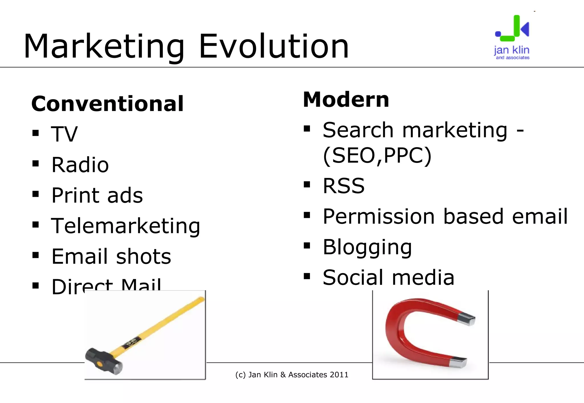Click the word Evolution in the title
click(x=274, y=46)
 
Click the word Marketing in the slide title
click(x=104, y=46)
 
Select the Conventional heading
click(x=108, y=104)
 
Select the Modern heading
click(x=346, y=100)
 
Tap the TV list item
click(x=64, y=134)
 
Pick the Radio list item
click(x=80, y=165)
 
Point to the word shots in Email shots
click(x=143, y=256)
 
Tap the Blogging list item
click(x=367, y=247)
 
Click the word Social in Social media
click(x=353, y=278)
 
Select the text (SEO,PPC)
click(x=377, y=156)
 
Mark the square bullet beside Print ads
click(x=36, y=194)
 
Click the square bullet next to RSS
click(x=307, y=185)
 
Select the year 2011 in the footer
click(x=339, y=375)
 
